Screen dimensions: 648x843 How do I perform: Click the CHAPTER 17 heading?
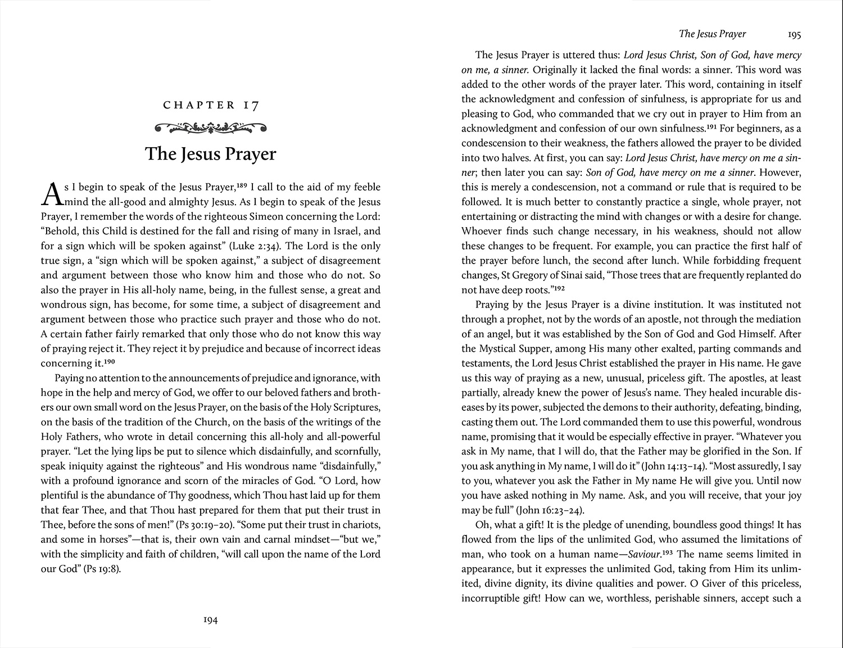click(x=211, y=105)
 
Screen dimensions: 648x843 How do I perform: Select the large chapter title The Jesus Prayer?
click(x=211, y=154)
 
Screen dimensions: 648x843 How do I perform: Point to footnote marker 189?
click(x=242, y=184)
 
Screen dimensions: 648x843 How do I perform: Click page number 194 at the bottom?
click(x=210, y=620)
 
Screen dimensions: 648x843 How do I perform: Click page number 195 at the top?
click(x=794, y=35)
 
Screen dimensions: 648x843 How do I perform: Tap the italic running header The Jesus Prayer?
click(x=712, y=34)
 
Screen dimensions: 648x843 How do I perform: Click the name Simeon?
click(x=250, y=216)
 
